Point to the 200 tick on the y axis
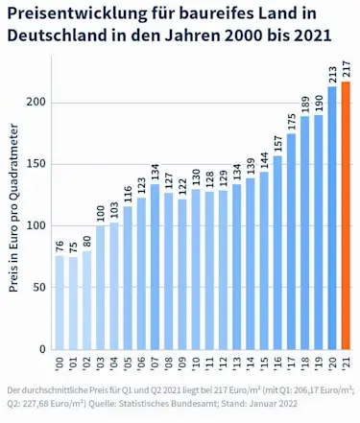(x=35, y=103)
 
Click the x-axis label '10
(x=196, y=365)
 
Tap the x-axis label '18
(x=306, y=365)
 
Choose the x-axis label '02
(x=86, y=365)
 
